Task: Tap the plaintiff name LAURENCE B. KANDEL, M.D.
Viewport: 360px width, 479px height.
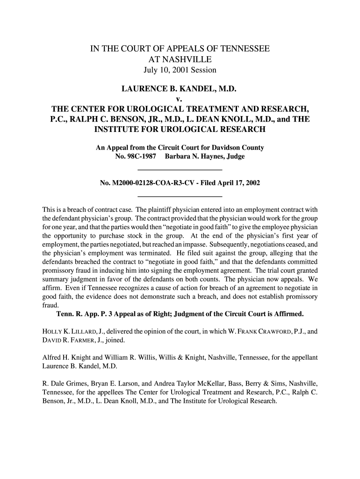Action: [x=180, y=88]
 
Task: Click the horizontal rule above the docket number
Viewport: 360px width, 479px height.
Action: [x=180, y=169]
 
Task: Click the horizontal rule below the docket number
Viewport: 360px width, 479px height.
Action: [x=180, y=196]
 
